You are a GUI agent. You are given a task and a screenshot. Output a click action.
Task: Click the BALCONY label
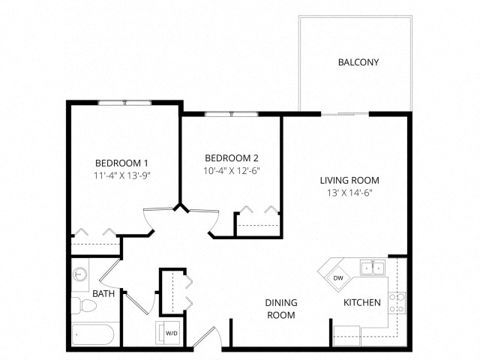click(358, 62)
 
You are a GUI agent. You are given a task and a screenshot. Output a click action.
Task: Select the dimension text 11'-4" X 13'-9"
click(122, 175)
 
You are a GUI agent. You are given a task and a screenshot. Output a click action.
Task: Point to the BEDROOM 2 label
click(232, 158)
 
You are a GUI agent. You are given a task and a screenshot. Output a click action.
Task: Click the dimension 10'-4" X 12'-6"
click(232, 171)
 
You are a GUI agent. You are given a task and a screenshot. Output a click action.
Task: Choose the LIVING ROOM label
click(349, 180)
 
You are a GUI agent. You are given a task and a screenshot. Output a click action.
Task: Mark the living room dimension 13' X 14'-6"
click(349, 193)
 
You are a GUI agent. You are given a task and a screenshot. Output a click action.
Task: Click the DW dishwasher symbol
click(338, 278)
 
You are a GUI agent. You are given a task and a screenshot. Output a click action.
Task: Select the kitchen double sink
click(373, 268)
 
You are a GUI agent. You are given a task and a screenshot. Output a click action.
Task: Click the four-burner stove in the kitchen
click(397, 303)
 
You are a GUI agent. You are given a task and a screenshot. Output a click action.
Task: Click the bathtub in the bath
click(93, 335)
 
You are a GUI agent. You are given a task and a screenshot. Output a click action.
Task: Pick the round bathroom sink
click(80, 274)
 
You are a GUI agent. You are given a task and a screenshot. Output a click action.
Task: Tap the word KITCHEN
click(362, 303)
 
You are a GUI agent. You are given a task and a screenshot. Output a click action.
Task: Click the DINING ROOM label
click(281, 309)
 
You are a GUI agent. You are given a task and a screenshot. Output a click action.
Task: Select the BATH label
click(103, 294)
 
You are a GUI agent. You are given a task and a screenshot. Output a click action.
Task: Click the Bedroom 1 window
click(125, 103)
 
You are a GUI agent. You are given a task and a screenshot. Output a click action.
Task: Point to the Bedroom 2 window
click(232, 114)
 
